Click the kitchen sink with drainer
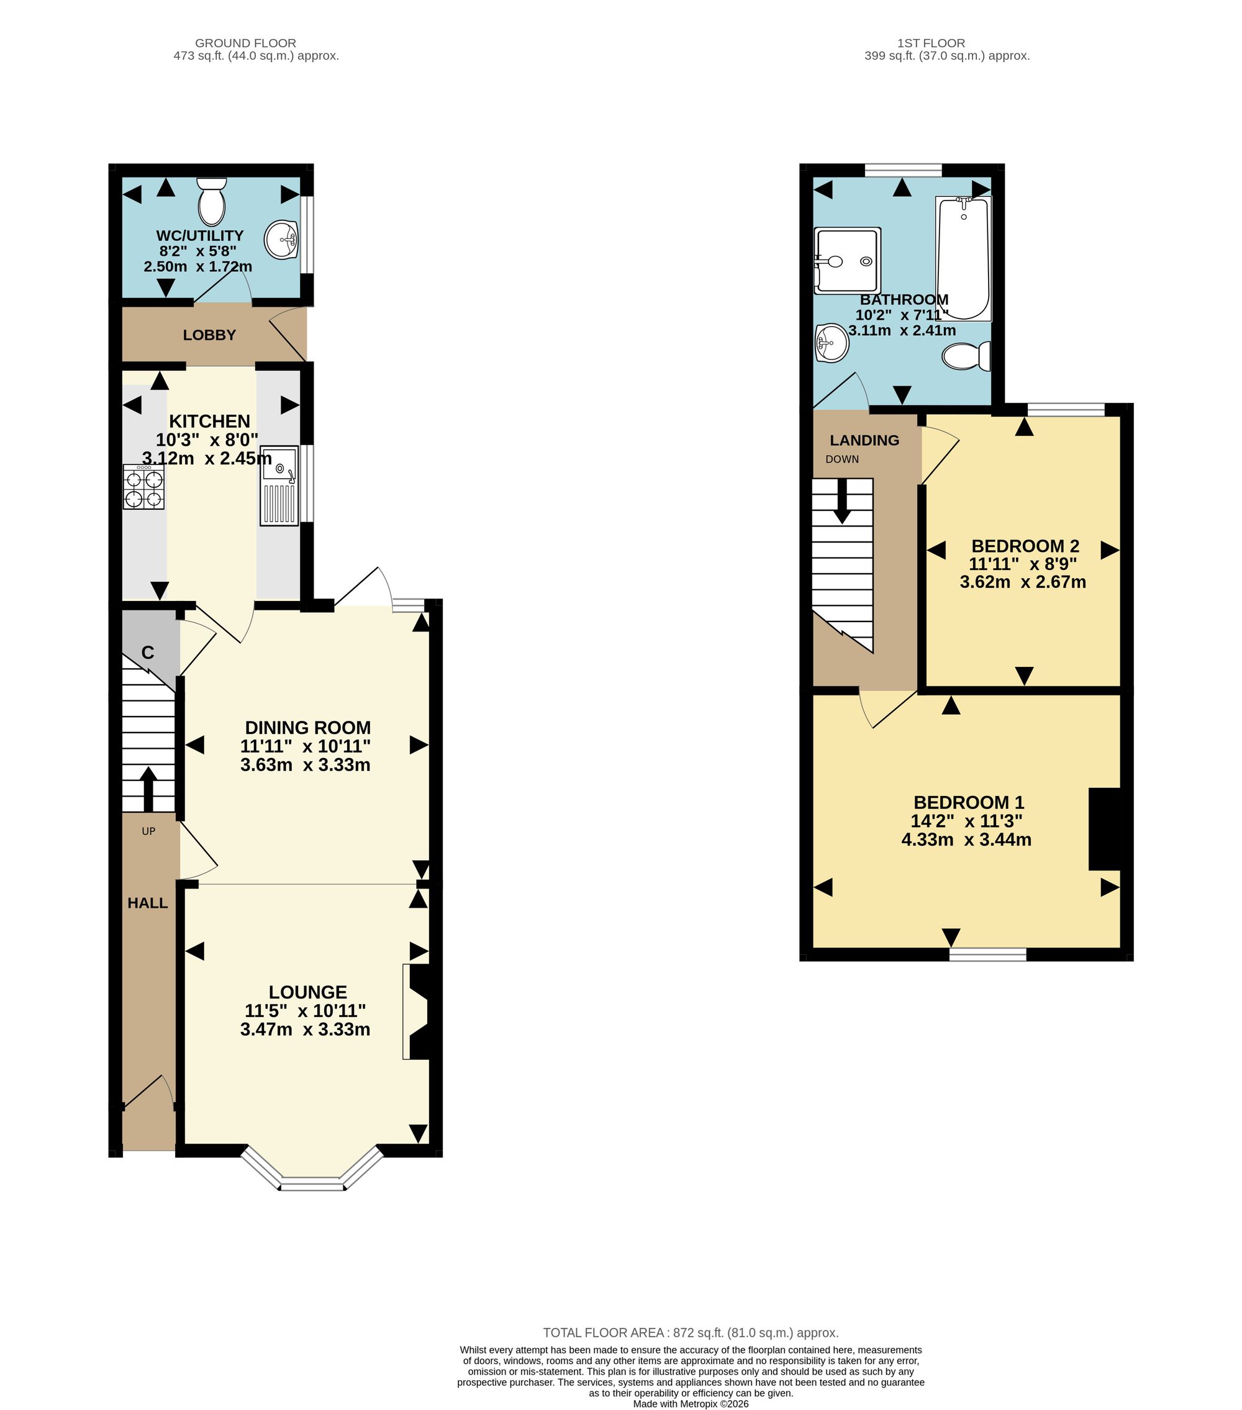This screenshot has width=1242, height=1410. point(279,486)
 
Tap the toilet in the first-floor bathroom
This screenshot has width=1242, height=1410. point(967,356)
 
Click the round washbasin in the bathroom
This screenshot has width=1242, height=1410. point(832,343)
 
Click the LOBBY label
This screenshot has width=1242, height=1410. point(210,335)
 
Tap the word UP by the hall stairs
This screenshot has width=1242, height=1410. point(148,831)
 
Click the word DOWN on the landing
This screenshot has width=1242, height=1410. point(843,459)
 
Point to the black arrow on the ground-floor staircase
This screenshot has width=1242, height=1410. point(148,789)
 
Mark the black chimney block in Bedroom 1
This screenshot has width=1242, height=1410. point(1104,829)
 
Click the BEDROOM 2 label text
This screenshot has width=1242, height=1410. point(1025,546)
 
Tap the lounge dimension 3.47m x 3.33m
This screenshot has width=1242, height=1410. point(305,1030)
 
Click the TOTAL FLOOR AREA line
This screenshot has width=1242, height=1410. point(691,1333)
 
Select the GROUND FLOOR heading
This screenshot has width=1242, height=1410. point(246,43)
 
